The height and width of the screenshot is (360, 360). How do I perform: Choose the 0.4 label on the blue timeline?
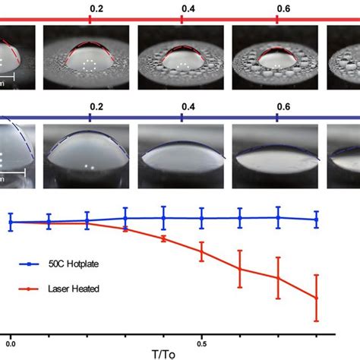pyautogui.click(x=182, y=107)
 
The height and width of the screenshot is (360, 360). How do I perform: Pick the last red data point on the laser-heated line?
pyautogui.click(x=316, y=298)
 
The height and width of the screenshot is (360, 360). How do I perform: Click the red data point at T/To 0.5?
pyautogui.click(x=201, y=251)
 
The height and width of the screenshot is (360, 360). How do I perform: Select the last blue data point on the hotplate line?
pyautogui.click(x=316, y=219)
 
